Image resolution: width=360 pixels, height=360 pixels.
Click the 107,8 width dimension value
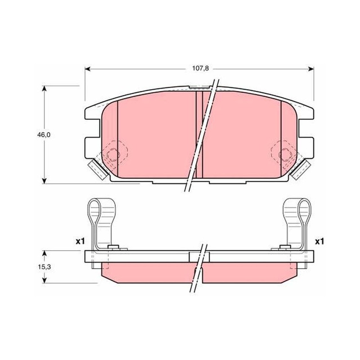(x=200, y=68)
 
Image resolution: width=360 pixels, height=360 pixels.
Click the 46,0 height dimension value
(x=44, y=135)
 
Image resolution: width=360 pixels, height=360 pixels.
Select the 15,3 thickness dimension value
(x=44, y=267)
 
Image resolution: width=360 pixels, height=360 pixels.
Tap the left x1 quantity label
(x=81, y=241)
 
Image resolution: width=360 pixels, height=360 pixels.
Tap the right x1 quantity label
(x=319, y=241)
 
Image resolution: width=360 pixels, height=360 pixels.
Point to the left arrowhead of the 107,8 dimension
(x=88, y=69)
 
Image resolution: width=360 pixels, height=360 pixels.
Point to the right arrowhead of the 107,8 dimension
(x=311, y=69)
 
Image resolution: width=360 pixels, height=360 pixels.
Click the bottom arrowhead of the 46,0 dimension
(x=45, y=180)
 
